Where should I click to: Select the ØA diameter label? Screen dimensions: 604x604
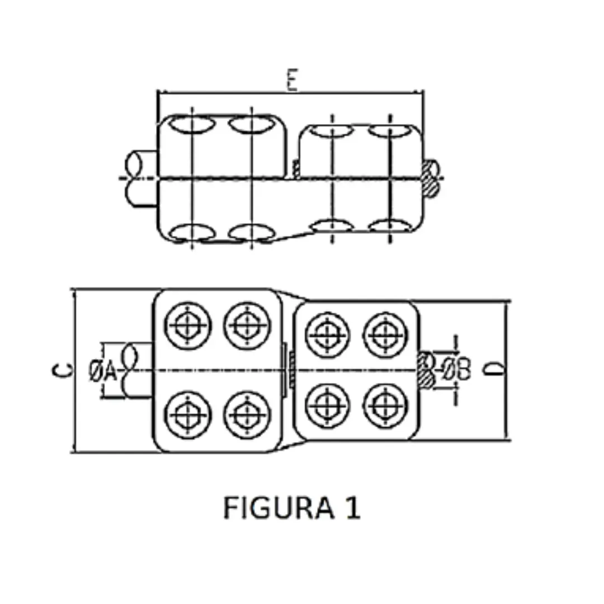(103, 370)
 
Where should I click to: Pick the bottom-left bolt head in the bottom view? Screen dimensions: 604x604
(187, 414)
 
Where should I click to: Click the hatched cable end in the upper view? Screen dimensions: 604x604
(432, 178)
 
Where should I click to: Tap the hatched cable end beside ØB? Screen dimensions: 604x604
(426, 370)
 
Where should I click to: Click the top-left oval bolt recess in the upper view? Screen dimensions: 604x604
(191, 124)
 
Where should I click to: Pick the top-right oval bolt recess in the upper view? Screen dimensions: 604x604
(389, 132)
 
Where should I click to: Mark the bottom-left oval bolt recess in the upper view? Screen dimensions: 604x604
(191, 232)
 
